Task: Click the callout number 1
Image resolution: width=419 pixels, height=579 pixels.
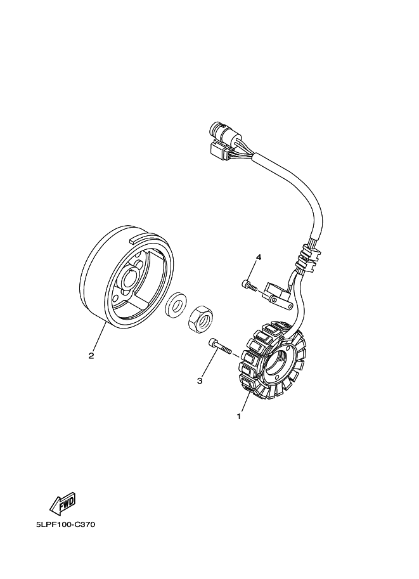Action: pos(238,417)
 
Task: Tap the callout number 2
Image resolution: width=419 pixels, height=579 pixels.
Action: pos(91,356)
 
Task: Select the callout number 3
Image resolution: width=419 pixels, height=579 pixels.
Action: pos(199,381)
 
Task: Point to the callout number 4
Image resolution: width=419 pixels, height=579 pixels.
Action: pos(258,257)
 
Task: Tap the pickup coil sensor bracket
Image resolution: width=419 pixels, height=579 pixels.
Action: pos(279,294)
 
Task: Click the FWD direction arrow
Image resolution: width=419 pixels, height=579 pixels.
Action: pos(61,504)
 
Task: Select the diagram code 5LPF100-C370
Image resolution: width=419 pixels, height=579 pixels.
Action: pos(65,525)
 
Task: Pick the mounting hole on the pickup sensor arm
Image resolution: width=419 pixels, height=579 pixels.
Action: pos(273,297)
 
